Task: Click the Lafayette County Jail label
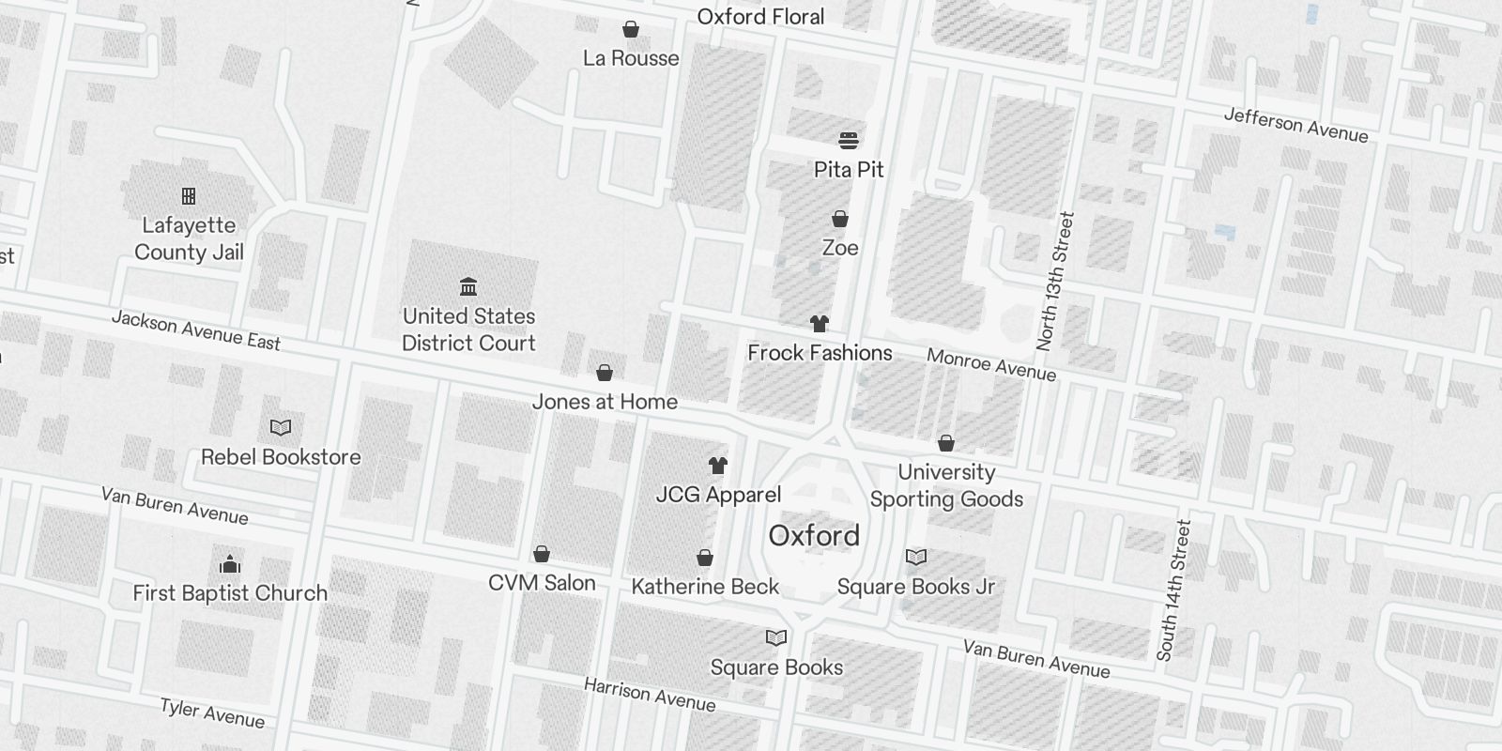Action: [189, 238]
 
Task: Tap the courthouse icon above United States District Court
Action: [468, 286]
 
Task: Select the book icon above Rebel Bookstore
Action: [281, 428]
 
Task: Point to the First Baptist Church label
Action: [230, 593]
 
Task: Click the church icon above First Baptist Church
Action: [230, 564]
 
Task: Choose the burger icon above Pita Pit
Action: [849, 141]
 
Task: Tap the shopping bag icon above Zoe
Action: [840, 219]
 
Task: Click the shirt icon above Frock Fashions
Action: [820, 324]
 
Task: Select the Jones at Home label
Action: [605, 402]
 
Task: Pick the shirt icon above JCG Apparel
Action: [718, 466]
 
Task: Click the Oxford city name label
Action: [814, 536]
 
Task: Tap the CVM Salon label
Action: [542, 583]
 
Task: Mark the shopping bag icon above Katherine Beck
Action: [705, 559]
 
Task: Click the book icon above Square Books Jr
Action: [916, 558]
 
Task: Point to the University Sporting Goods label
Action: [946, 485]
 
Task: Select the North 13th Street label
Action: [1053, 282]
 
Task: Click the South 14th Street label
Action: [1173, 590]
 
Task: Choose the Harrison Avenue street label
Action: [650, 696]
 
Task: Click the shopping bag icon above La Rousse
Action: [632, 30]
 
